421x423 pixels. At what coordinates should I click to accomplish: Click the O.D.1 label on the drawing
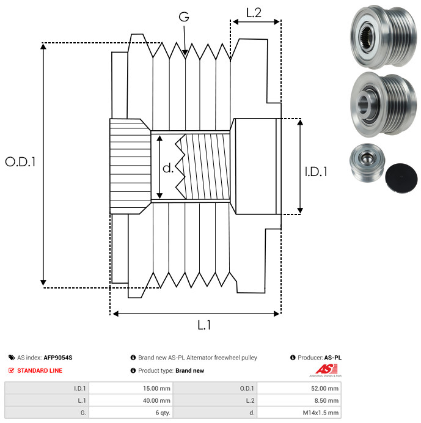point(20,161)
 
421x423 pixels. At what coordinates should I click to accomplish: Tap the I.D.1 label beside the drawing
point(316,172)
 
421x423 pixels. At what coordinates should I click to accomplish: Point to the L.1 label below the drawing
point(204,325)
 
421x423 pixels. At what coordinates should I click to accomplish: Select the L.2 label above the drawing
point(254,13)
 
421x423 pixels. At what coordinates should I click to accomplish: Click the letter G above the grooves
point(184,17)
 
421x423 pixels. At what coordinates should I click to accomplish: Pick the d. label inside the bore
point(168,168)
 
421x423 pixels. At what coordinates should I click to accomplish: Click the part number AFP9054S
point(58,358)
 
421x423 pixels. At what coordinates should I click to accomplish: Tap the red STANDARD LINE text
point(40,370)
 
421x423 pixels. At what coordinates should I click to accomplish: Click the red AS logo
point(326,369)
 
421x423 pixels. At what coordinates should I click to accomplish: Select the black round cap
point(401,178)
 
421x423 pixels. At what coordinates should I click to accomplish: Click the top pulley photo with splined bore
point(383,37)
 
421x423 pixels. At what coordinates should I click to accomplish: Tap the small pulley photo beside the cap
point(367,163)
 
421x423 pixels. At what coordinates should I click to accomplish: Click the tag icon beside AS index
point(12,358)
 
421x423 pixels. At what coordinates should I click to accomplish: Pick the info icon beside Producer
point(293,358)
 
